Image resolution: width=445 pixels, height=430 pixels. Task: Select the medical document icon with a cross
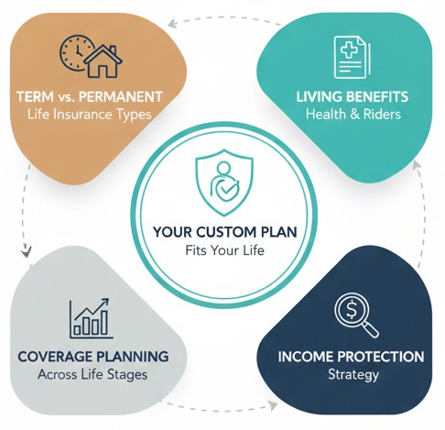pyautogui.click(x=352, y=55)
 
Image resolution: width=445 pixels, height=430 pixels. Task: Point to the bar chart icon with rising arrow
pyautogui.click(x=91, y=317)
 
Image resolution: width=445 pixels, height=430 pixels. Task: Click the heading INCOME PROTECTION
pyautogui.click(x=352, y=356)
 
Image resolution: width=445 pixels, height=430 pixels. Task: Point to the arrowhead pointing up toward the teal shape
pyautogui.click(x=417, y=166)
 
